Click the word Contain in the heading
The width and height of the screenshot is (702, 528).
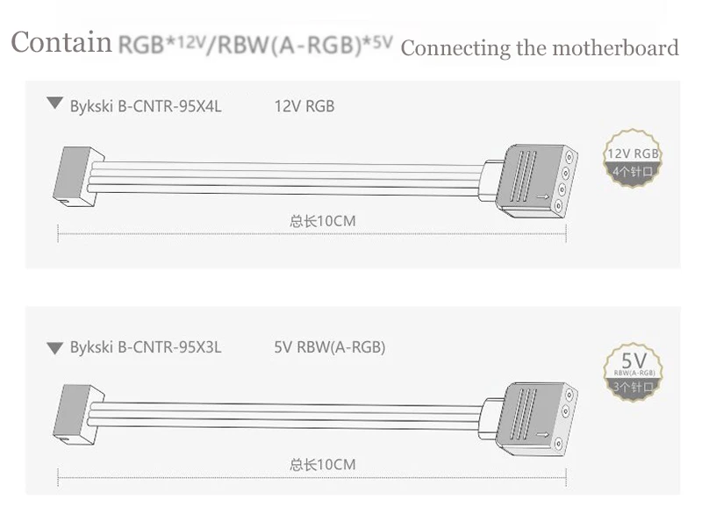[x=61, y=44]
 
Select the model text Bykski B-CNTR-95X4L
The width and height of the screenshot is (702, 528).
[x=146, y=106]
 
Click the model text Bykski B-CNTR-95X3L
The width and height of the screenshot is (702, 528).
[x=146, y=346]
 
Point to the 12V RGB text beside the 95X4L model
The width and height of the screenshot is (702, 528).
[x=304, y=106]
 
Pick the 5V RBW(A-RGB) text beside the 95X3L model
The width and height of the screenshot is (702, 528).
[x=330, y=346]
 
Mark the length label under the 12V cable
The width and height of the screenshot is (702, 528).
[x=323, y=221]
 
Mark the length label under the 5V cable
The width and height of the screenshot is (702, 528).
[x=323, y=464]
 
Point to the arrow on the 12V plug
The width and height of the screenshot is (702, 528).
[x=545, y=197]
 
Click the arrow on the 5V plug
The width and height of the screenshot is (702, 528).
[x=545, y=432]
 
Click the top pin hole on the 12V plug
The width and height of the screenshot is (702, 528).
[x=559, y=156]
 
